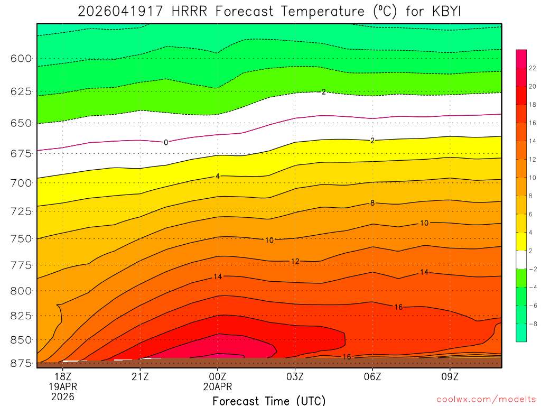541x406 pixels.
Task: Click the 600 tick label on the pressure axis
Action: tap(21, 58)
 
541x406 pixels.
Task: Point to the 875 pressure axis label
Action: tap(21, 364)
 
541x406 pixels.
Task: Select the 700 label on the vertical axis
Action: tap(21, 183)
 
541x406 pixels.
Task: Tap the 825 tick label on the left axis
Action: tap(21, 316)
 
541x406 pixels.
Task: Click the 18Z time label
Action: tap(63, 376)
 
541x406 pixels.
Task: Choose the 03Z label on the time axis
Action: tap(295, 376)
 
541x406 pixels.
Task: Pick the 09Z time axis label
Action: tap(450, 376)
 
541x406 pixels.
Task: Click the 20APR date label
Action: tap(218, 386)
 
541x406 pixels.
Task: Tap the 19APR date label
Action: tap(63, 386)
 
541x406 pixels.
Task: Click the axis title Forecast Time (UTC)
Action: tap(269, 400)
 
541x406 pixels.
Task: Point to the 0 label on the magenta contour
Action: tap(166, 142)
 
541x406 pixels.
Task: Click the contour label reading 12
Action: tap(295, 262)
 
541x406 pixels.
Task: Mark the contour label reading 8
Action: tap(372, 203)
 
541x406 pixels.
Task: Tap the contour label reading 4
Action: tap(217, 176)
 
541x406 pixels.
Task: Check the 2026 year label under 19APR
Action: tap(63, 396)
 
